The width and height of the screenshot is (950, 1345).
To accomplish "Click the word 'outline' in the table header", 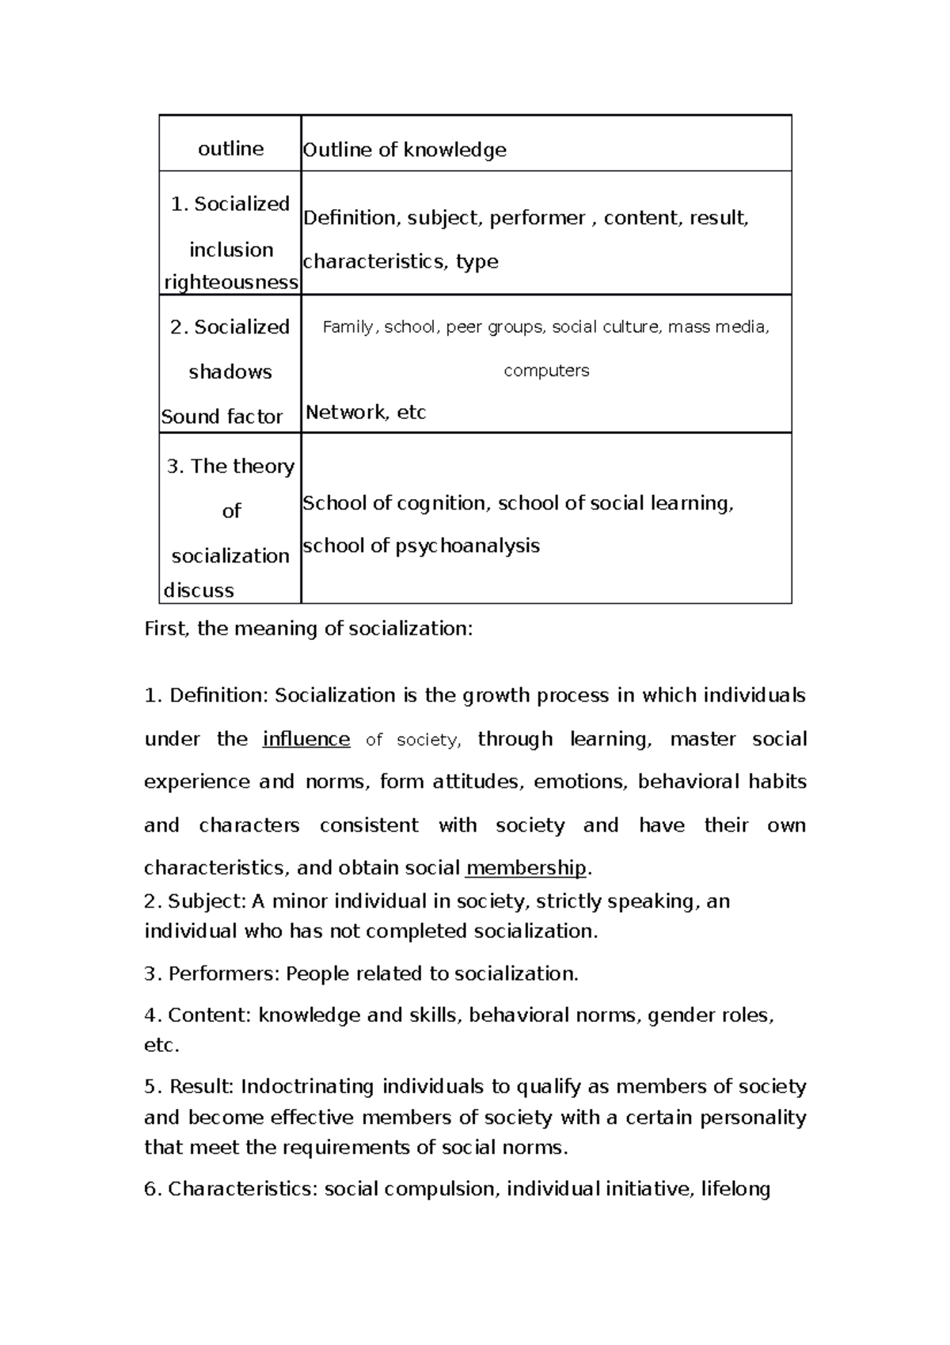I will point(230,149).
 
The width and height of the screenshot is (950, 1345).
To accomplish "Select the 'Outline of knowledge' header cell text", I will point(405,150).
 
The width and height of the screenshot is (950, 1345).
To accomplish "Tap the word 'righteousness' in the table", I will point(231,282).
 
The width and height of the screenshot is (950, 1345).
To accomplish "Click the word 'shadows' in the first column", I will point(230,371).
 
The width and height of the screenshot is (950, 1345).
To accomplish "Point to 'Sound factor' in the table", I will point(222,417).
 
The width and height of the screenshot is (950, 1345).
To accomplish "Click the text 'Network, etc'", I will point(366,412).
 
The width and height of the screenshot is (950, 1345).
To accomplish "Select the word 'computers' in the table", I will point(546,370).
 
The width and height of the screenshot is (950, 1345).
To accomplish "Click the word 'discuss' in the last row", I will point(199,590).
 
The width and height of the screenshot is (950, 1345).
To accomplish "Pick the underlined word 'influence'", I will point(306,739).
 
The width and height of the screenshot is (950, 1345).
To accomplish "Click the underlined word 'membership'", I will point(526,867).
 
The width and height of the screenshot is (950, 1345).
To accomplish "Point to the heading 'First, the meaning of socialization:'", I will point(308,629).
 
